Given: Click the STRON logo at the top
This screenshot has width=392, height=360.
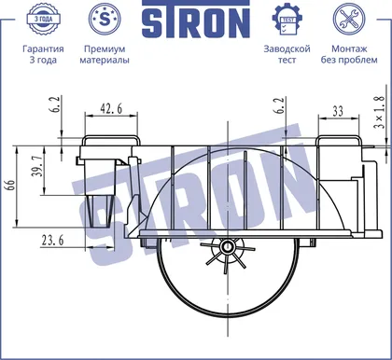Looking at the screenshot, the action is [x=196, y=20].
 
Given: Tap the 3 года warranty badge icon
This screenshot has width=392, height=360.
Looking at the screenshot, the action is [x=43, y=19].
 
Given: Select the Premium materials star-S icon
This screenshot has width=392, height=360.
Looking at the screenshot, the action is [x=105, y=19].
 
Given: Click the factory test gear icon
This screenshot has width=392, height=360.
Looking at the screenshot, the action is [x=287, y=20].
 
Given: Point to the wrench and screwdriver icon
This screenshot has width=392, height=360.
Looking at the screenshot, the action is [x=349, y=19].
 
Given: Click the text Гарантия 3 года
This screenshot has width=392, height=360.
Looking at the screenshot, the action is [x=43, y=54].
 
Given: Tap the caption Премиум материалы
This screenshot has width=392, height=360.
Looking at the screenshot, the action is [x=105, y=54].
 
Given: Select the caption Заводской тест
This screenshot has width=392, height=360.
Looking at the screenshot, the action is [x=287, y=54].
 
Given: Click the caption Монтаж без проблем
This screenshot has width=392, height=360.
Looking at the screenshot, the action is [x=349, y=54].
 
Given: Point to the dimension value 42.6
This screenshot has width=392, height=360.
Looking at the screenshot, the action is [x=111, y=108].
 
